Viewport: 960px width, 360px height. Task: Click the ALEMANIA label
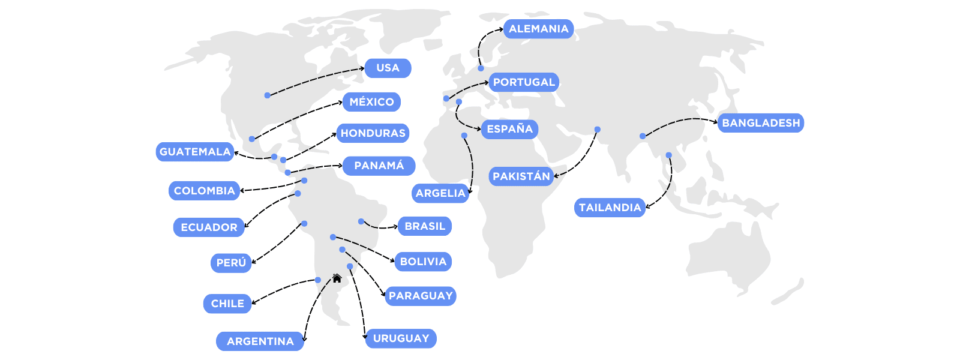(x=538, y=29)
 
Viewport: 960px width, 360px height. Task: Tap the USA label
(x=388, y=68)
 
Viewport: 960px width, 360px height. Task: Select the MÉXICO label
(x=371, y=102)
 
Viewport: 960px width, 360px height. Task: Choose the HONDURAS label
(x=373, y=133)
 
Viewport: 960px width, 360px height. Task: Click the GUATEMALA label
(x=195, y=152)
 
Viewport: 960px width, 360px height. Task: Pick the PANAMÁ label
(x=379, y=166)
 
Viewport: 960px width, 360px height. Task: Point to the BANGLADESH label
(x=760, y=123)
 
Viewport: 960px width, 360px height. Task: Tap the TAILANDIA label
(x=610, y=208)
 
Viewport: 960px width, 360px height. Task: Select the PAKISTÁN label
(x=521, y=176)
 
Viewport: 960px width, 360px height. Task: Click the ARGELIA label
(x=440, y=193)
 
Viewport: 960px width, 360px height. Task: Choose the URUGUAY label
(x=401, y=338)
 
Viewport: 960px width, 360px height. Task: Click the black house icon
(x=337, y=278)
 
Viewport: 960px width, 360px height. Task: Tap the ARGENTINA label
(x=260, y=341)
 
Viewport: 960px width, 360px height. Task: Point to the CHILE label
(x=227, y=304)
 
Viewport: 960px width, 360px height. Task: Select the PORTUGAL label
(x=524, y=82)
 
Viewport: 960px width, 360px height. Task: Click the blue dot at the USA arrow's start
(x=267, y=95)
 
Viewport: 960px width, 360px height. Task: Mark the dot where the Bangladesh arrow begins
(x=643, y=136)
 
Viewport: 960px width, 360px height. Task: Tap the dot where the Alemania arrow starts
(x=481, y=68)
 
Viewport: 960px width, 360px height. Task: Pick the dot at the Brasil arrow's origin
(x=361, y=221)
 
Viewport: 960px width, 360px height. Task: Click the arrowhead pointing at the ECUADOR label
(x=247, y=226)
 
